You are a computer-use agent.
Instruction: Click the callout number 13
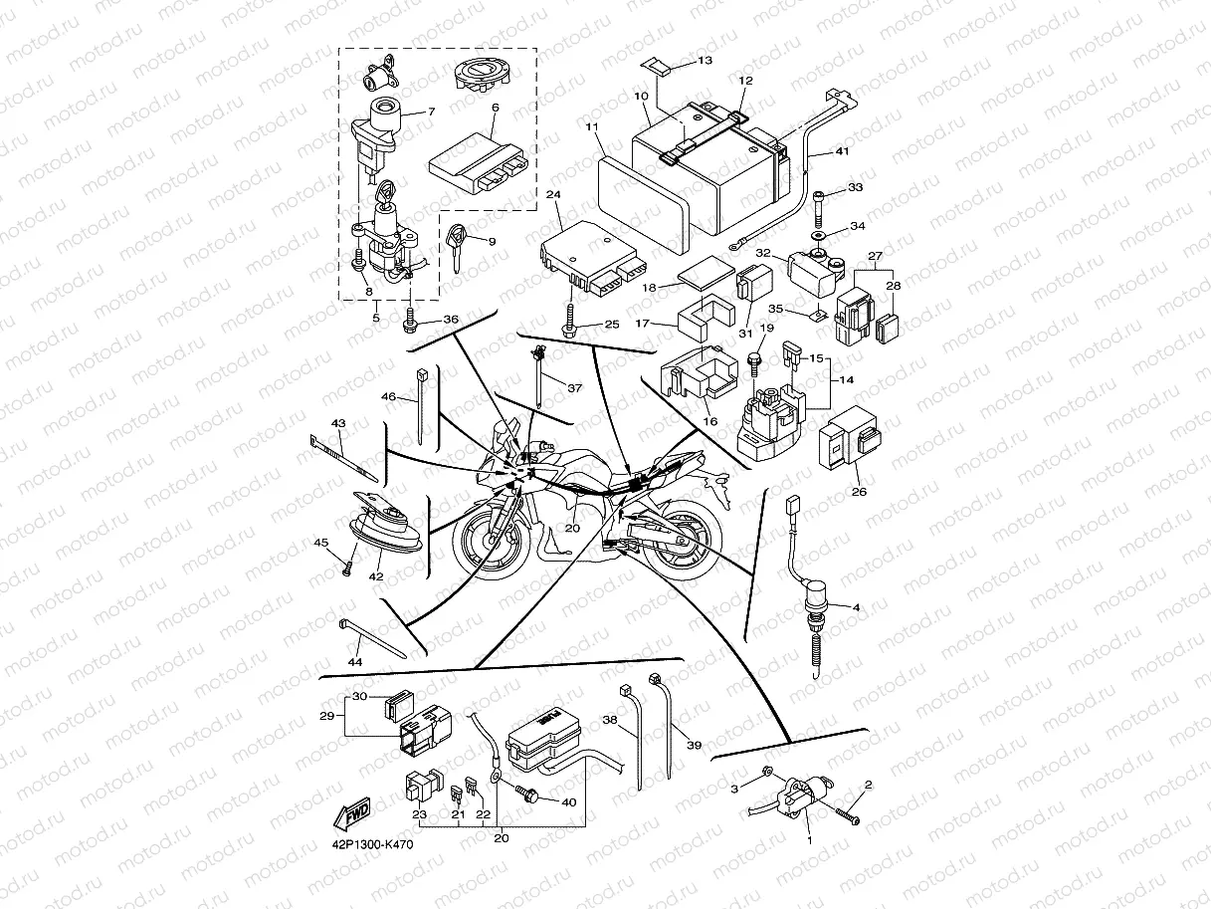point(705,62)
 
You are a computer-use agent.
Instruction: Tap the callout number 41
point(842,152)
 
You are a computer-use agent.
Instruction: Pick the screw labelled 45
point(346,567)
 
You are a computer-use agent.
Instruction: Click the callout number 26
point(859,491)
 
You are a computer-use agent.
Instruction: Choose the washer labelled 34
point(818,235)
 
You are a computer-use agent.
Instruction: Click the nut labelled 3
point(766,772)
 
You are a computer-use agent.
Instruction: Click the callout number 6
point(495,107)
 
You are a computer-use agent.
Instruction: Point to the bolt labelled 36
point(410,321)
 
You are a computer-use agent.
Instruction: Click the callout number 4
point(856,606)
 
